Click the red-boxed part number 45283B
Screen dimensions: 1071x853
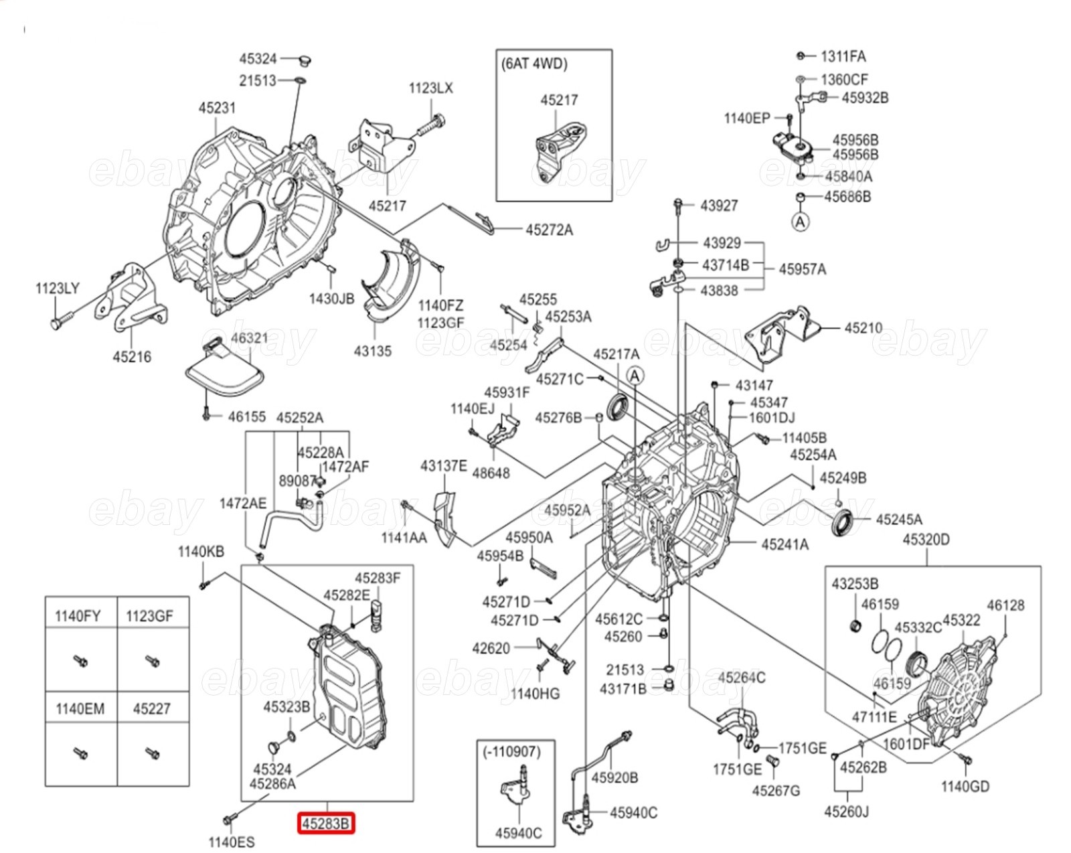(326, 824)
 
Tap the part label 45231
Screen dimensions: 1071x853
(217, 108)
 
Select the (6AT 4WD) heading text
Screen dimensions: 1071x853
(534, 64)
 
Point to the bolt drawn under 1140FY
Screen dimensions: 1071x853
(80, 661)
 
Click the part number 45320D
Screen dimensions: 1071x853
(926, 539)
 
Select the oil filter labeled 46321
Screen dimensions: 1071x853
(225, 367)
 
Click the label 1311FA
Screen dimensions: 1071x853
(843, 57)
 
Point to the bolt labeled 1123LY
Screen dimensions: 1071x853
(62, 319)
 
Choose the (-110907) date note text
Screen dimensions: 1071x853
(515, 751)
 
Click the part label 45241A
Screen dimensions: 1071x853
(785, 544)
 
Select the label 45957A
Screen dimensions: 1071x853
(803, 269)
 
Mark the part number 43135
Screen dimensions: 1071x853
(373, 351)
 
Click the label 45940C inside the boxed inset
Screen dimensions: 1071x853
(518, 833)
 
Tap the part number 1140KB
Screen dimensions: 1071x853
(201, 551)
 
